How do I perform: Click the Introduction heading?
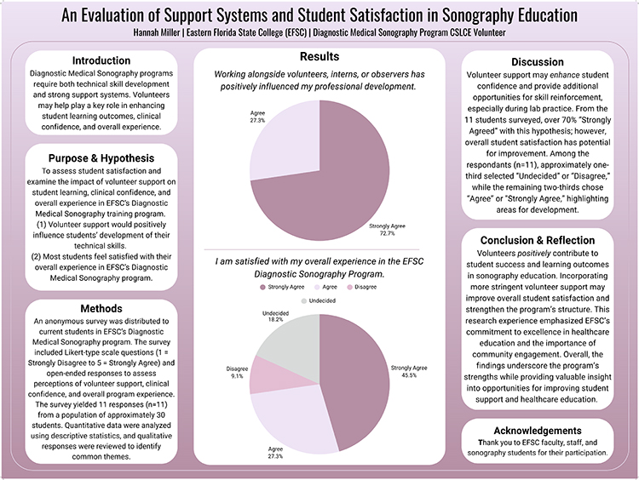click(x=101, y=60)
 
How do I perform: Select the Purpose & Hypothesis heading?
click(x=101, y=158)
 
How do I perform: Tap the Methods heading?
click(x=101, y=308)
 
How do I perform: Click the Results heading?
click(x=319, y=56)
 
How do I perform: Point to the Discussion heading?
click(x=538, y=62)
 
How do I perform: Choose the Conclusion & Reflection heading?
click(x=538, y=240)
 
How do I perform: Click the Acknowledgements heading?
click(x=538, y=431)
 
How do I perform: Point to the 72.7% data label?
click(x=387, y=233)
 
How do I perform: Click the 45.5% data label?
click(x=409, y=375)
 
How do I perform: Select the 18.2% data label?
click(x=275, y=320)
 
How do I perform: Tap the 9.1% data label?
click(x=237, y=376)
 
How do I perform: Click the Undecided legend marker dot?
click(x=303, y=301)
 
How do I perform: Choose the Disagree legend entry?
click(x=362, y=287)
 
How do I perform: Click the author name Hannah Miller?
click(x=157, y=32)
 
